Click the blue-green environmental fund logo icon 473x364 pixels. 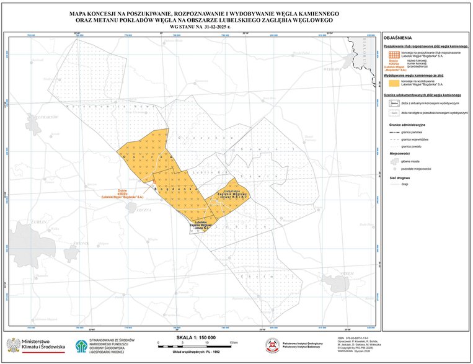click(81, 346)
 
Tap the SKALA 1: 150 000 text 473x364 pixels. click(196, 337)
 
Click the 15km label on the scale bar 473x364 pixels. click(233, 343)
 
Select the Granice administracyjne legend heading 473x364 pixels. click(407, 125)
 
